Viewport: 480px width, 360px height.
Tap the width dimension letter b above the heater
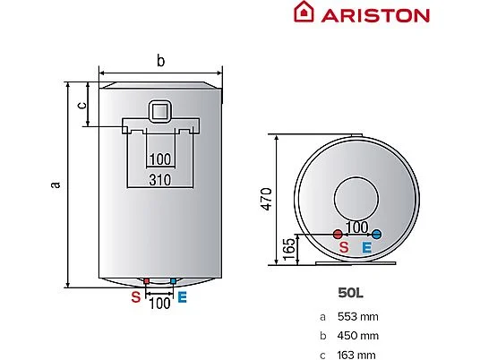tap(160, 61)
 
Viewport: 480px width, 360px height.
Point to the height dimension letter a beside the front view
tap(55, 184)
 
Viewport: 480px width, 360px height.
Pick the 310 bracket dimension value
tap(160, 180)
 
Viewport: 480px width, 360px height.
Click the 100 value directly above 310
tap(160, 159)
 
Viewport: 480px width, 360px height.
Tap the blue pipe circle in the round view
tap(376, 235)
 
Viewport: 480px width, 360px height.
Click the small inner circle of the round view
tap(355, 196)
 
